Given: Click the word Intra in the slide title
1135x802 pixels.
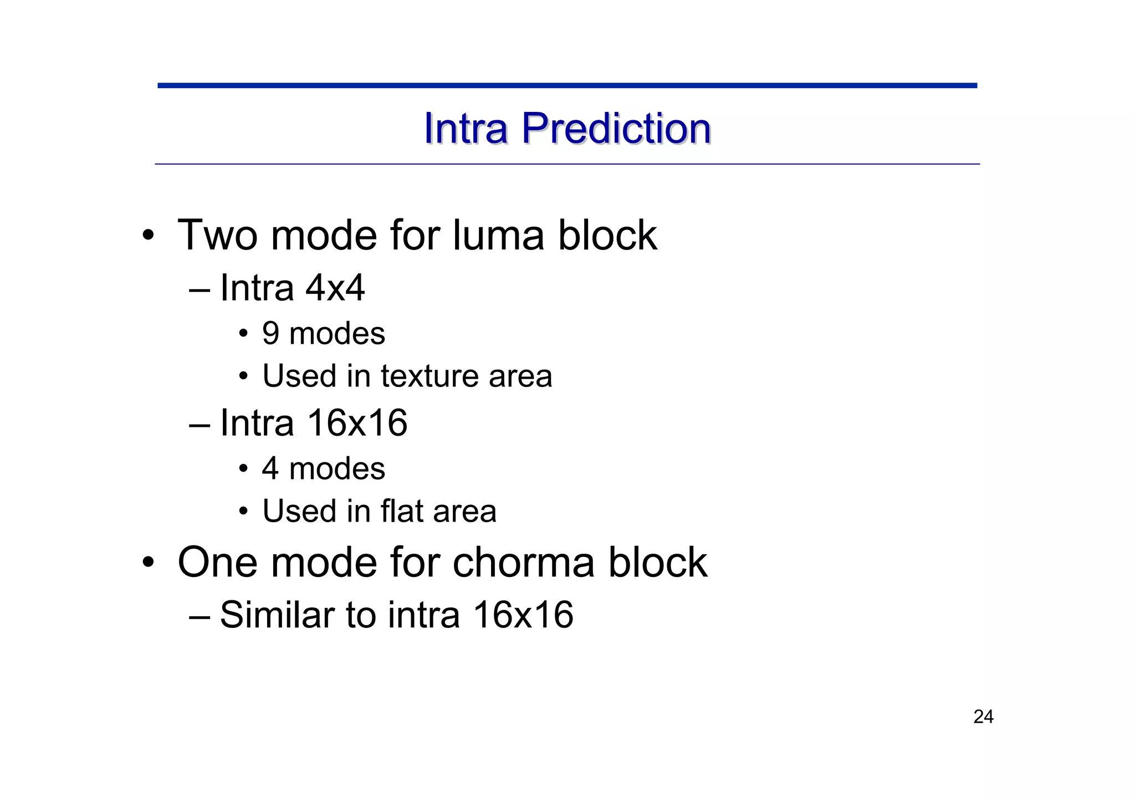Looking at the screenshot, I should tap(466, 129).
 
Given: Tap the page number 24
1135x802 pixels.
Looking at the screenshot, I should tap(983, 717).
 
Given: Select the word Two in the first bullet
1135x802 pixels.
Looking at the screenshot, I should tap(217, 235).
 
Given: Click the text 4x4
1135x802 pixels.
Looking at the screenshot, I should tap(335, 288).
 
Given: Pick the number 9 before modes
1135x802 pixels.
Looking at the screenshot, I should tap(270, 334).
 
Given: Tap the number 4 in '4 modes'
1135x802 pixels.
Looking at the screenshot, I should tap(270, 468).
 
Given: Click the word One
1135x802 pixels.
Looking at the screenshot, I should tap(217, 562).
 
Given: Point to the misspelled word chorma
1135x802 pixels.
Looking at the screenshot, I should tap(524, 562).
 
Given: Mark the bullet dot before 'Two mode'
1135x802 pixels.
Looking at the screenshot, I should tap(147, 236).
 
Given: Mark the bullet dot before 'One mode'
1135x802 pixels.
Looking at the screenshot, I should tap(147, 563).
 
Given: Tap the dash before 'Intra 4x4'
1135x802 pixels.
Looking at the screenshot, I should tap(200, 290).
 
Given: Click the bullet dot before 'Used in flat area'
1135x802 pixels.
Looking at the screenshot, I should tap(243, 512).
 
